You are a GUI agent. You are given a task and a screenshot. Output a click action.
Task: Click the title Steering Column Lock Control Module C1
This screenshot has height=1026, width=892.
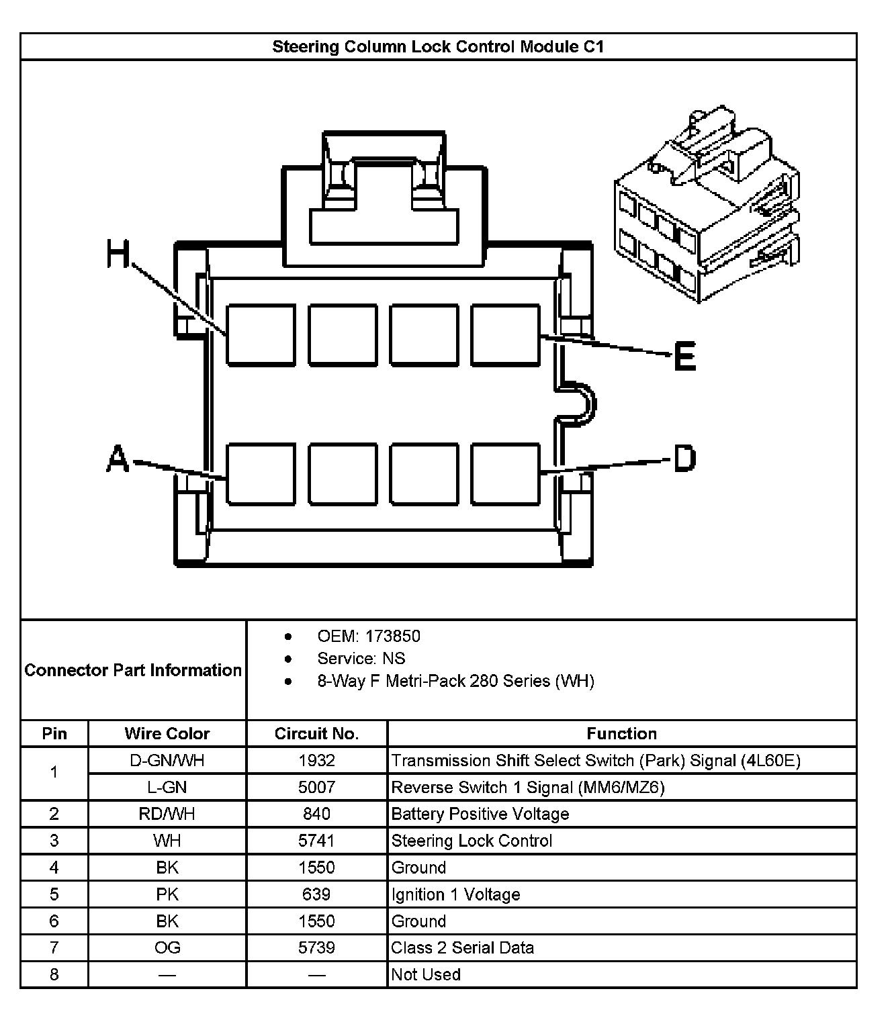pyautogui.click(x=438, y=46)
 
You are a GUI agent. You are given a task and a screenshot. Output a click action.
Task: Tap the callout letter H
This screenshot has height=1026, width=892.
pyautogui.click(x=118, y=254)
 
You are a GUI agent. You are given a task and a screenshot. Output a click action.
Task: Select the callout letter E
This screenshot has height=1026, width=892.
pyautogui.click(x=684, y=356)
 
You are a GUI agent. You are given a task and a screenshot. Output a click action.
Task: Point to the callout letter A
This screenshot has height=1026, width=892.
pyautogui.click(x=118, y=459)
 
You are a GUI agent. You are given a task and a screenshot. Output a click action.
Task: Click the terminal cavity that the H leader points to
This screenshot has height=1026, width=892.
pyautogui.click(x=261, y=335)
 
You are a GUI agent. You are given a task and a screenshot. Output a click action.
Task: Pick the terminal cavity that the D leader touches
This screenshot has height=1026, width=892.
pyautogui.click(x=505, y=473)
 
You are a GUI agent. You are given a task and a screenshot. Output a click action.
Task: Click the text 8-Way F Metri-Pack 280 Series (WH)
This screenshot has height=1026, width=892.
pyautogui.click(x=455, y=681)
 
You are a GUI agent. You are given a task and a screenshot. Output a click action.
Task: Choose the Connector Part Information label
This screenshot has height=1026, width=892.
pyautogui.click(x=133, y=670)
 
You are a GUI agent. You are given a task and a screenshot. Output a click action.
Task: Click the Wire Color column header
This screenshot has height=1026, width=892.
pyautogui.click(x=167, y=733)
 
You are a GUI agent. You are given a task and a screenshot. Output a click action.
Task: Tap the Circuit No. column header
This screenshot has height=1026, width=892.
pyautogui.click(x=316, y=733)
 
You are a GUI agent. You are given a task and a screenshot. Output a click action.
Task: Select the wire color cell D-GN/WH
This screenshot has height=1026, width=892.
pyautogui.click(x=167, y=760)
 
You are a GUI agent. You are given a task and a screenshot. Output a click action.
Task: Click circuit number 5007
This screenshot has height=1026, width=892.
pyautogui.click(x=316, y=787)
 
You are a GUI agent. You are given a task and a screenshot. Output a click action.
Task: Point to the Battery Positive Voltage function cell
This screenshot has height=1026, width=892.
pyautogui.click(x=480, y=814)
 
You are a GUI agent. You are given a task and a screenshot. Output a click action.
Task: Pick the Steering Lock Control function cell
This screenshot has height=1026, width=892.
pyautogui.click(x=472, y=841)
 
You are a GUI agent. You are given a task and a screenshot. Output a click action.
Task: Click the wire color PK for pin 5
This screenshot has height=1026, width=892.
pyautogui.click(x=167, y=894)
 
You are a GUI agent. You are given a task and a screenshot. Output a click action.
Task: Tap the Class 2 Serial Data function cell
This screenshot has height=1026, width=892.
pyautogui.click(x=463, y=947)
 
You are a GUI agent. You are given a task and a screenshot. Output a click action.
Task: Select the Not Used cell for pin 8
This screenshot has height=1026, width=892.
pyautogui.click(x=426, y=974)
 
